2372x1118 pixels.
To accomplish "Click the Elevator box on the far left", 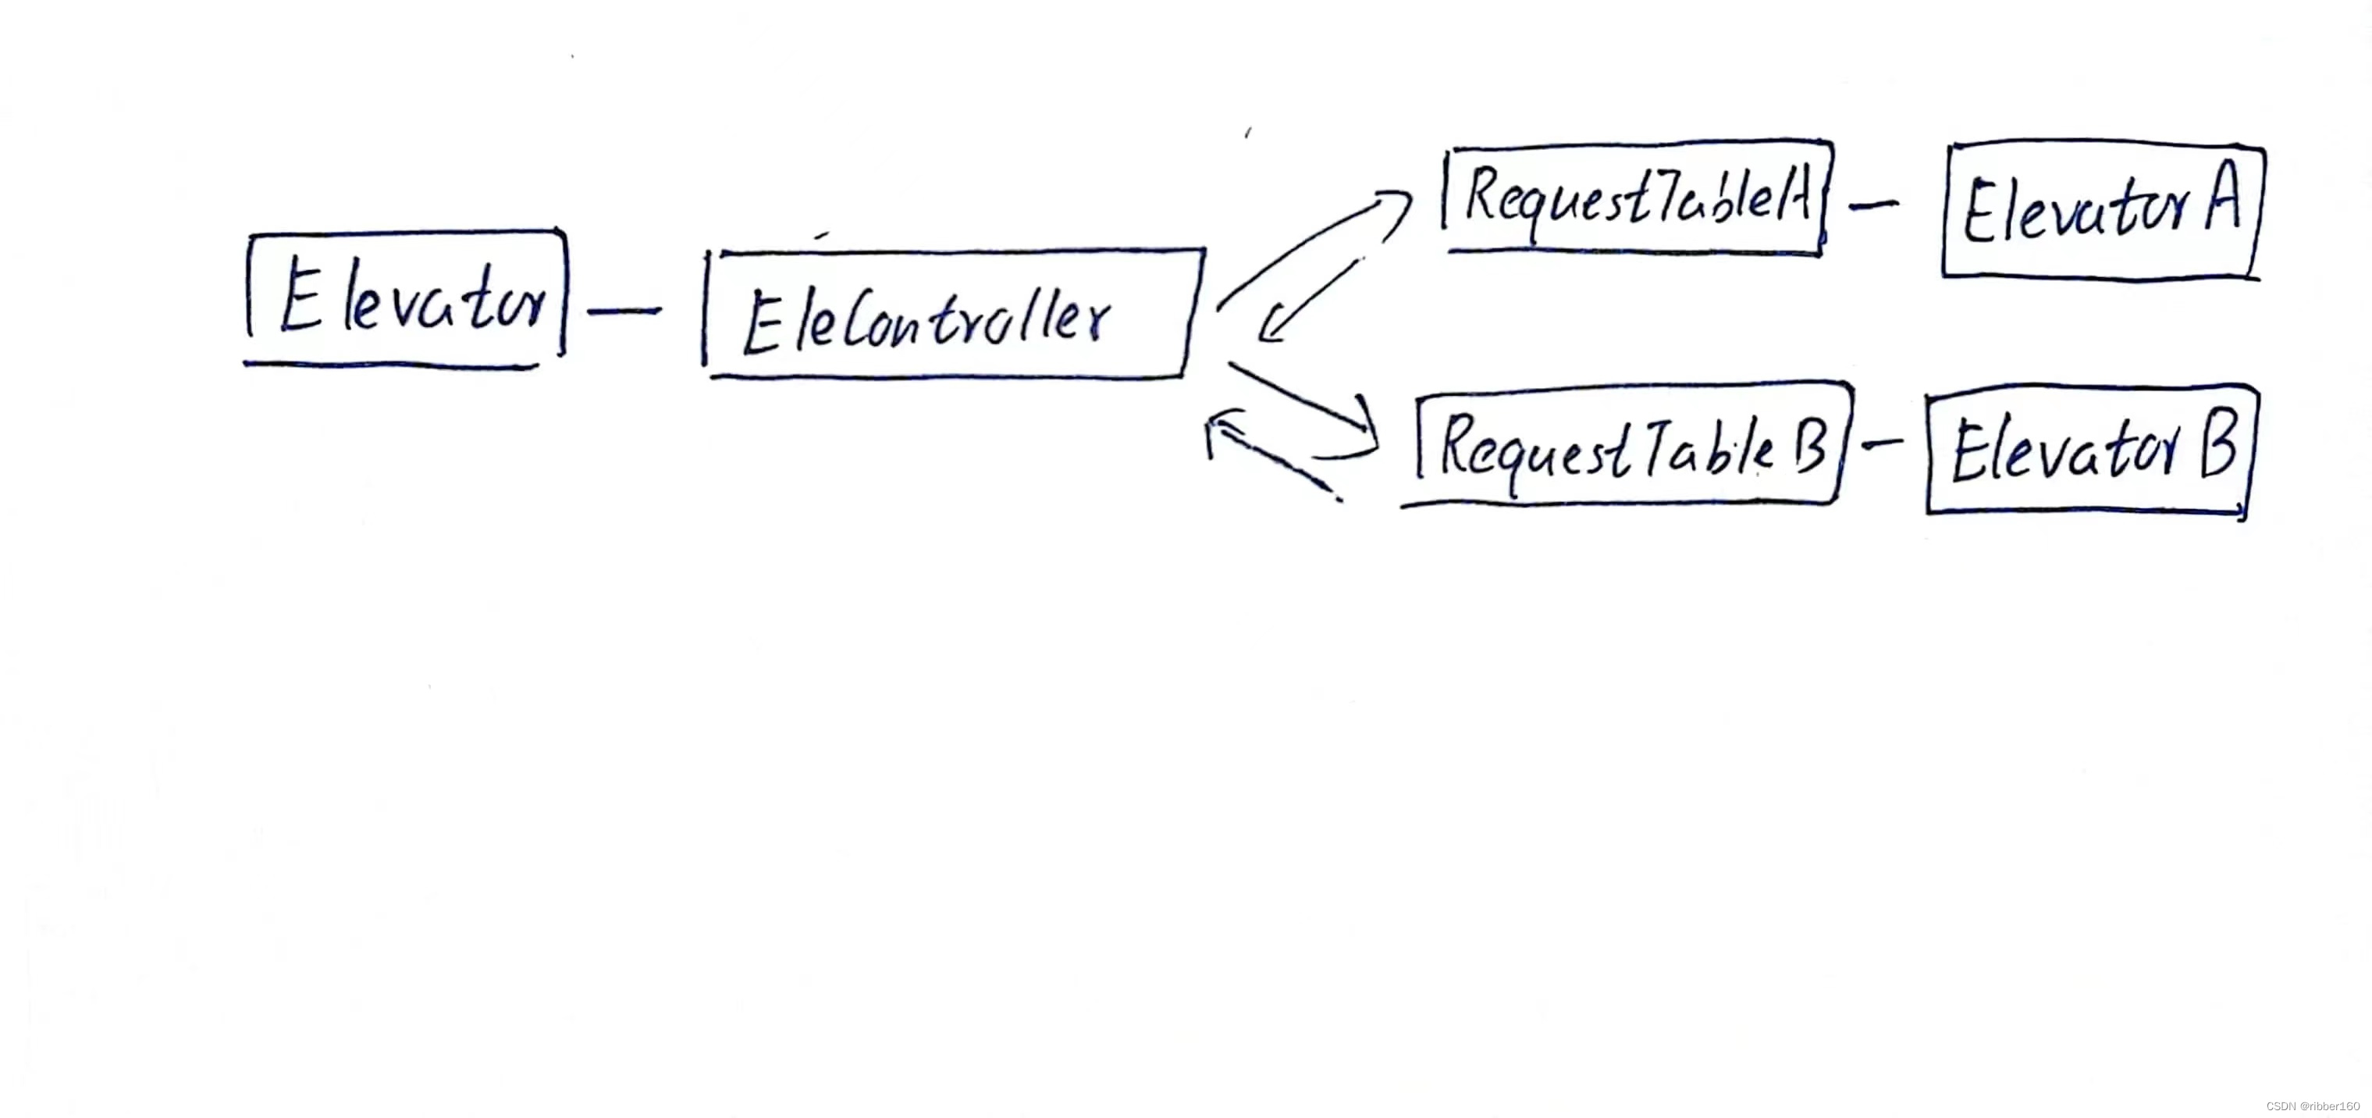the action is pyautogui.click(x=406, y=297).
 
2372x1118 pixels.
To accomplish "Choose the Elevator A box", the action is pyautogui.click(x=2104, y=211).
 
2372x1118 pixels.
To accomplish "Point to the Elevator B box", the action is pyautogui.click(x=2090, y=450).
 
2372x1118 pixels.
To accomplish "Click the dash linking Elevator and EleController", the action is pyautogui.click(x=624, y=312).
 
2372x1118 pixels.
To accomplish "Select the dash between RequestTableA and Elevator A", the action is pyautogui.click(x=1873, y=205).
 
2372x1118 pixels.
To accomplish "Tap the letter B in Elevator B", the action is pyautogui.click(x=2218, y=445).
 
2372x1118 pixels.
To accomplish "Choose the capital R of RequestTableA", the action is pyautogui.click(x=1485, y=194).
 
